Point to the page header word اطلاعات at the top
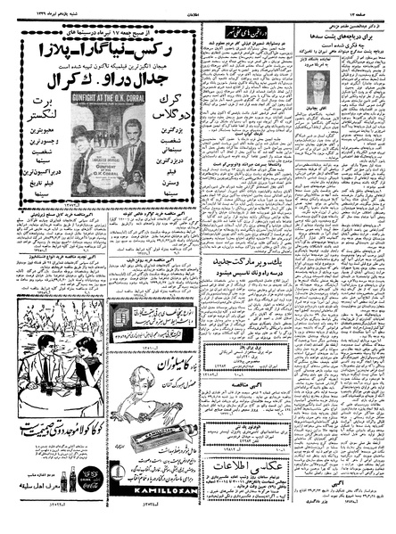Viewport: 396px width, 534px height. pyautogui.click(x=198, y=4)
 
